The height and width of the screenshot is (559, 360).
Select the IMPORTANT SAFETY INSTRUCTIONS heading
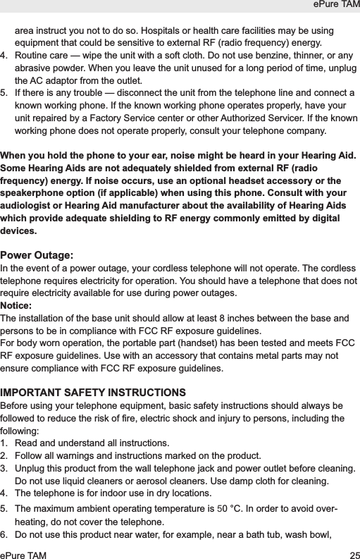tap(94, 392)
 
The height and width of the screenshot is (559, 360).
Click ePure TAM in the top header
tap(336, 6)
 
